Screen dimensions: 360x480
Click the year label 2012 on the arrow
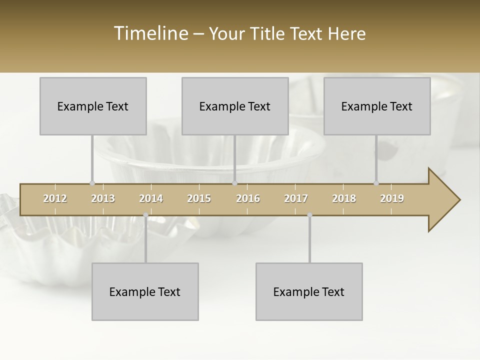click(x=55, y=198)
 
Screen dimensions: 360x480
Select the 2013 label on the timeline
click(x=103, y=198)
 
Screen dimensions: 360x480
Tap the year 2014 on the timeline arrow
click(x=151, y=198)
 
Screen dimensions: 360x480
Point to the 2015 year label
click(x=199, y=198)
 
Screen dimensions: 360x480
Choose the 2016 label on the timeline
click(x=248, y=198)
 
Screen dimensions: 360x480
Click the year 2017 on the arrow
click(x=296, y=198)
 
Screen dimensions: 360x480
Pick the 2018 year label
click(x=344, y=198)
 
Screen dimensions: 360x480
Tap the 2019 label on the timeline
click(x=392, y=198)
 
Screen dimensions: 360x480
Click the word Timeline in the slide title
click(x=150, y=33)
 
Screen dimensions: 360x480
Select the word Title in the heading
click(x=268, y=33)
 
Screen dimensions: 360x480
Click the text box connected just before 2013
click(x=93, y=106)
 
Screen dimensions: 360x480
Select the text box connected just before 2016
click(x=235, y=106)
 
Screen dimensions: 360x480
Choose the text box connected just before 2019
click(x=377, y=106)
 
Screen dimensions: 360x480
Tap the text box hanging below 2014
click(x=145, y=291)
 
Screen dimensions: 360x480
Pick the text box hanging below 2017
click(x=309, y=291)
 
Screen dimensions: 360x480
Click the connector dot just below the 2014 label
click(x=145, y=215)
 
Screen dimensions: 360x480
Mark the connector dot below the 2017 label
click(x=309, y=215)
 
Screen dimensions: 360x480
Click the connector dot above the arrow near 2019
click(x=376, y=183)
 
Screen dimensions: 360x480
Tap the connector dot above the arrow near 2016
click(x=234, y=183)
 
